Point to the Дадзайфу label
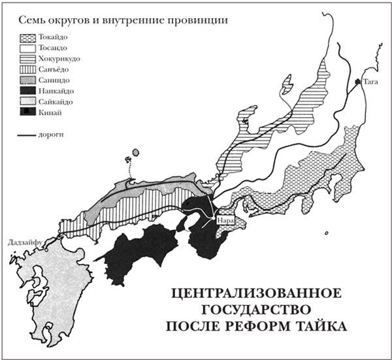pos(23,242)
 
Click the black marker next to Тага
pos(357,82)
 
